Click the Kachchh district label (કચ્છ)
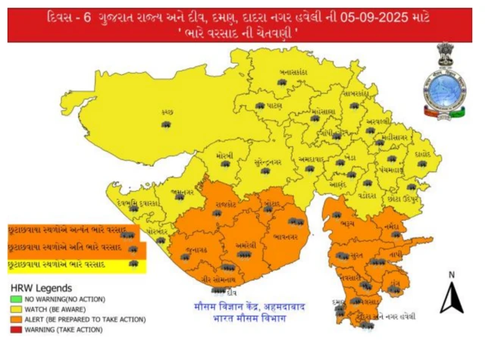tap(167, 111)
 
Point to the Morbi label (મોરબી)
tap(223, 154)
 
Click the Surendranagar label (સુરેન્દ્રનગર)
tap(267, 161)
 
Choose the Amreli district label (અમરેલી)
tap(245, 246)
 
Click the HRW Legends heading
tap(41, 289)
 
